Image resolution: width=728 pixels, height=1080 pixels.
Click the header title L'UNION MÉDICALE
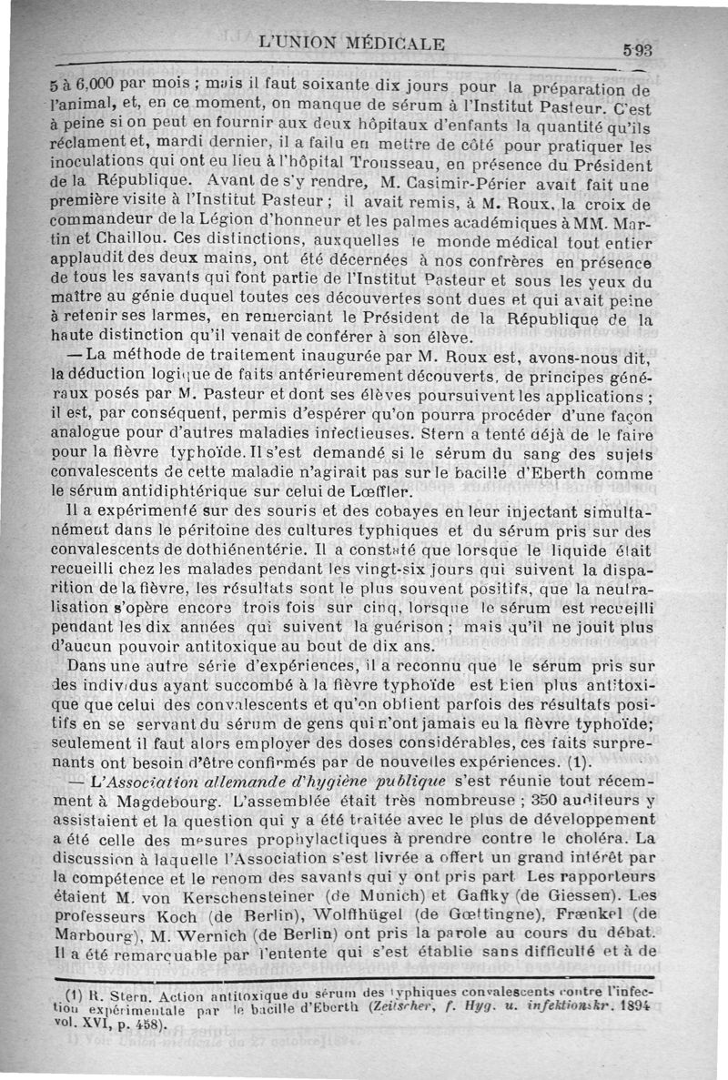pyautogui.click(x=352, y=42)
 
